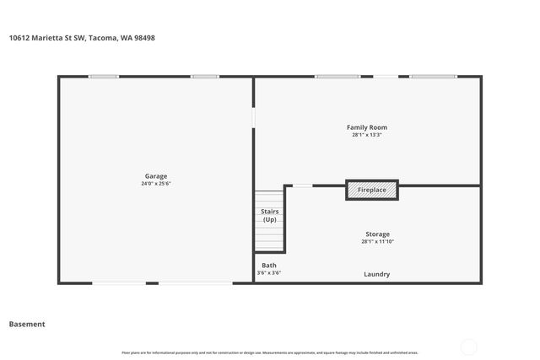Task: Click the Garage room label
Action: (155, 176)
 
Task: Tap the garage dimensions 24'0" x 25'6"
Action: (155, 184)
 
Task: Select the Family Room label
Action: (367, 127)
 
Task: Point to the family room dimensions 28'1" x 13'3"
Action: (367, 135)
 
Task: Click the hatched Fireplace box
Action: (371, 190)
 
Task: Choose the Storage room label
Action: (377, 234)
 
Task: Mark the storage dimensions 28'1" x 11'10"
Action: (377, 242)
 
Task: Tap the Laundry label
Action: (376, 274)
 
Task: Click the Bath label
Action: (268, 265)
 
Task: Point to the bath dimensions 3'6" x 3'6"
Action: (268, 273)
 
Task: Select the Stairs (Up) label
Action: (269, 215)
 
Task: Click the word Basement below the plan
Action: (27, 324)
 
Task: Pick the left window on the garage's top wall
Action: (104, 77)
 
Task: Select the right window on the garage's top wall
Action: (204, 77)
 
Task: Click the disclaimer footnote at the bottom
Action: (269, 352)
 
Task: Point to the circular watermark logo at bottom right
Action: (468, 347)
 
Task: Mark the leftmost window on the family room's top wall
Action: (337, 77)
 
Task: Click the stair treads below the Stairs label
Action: (269, 238)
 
